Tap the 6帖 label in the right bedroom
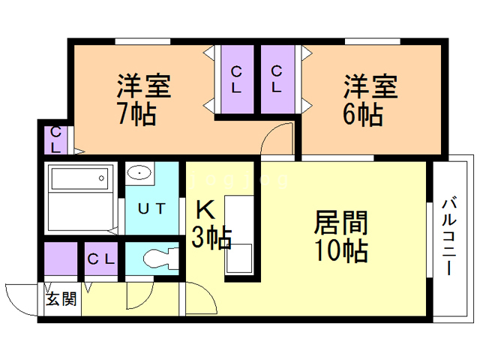363,115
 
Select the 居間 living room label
341,223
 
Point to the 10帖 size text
341,250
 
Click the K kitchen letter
205,210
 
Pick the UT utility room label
151,208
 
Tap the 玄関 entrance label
61,298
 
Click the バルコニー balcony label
449,237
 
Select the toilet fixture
161,259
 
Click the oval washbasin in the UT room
139,173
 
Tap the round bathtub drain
101,178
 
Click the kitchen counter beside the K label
238,235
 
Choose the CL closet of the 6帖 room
277,79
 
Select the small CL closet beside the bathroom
55,140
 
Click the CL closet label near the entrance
101,259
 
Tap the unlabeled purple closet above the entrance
61,259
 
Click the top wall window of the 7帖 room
142,42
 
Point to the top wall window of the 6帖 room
373,42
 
